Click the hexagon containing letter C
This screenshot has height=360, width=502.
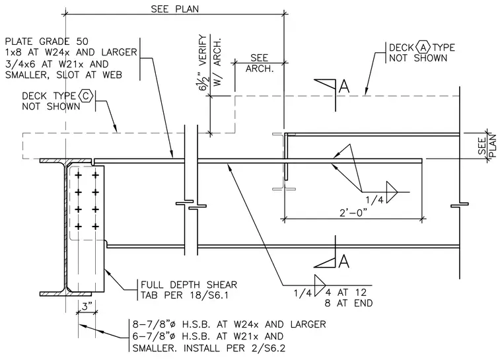(85, 96)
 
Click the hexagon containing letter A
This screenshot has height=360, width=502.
(423, 48)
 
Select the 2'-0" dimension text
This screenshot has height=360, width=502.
(353, 213)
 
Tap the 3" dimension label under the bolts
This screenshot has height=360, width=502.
(87, 306)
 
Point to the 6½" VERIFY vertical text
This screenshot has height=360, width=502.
(203, 63)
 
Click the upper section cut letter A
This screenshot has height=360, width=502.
(343, 86)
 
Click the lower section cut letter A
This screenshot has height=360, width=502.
(343, 261)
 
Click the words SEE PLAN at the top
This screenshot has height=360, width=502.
(175, 9)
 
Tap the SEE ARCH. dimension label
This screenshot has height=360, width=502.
(260, 63)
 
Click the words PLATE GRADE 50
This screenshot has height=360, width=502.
(47, 42)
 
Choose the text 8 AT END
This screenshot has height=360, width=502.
(348, 303)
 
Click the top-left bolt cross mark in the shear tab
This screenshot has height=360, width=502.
(78, 175)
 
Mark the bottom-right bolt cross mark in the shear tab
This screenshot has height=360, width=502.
(95, 227)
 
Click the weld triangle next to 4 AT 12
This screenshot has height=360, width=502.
(320, 285)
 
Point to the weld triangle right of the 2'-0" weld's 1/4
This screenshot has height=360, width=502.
(392, 192)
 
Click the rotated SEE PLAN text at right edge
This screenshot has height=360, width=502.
(487, 146)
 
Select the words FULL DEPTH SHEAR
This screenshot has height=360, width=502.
(189, 285)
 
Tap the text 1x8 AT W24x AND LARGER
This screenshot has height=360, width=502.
(71, 52)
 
